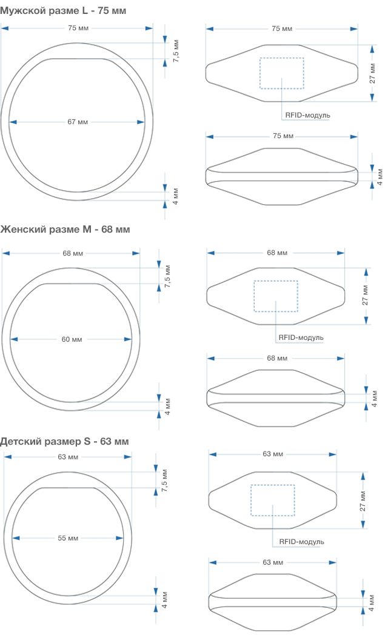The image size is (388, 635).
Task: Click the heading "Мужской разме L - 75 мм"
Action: (x=63, y=10)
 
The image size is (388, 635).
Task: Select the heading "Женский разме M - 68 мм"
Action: (x=65, y=229)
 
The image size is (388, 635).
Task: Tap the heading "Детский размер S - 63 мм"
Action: (x=64, y=442)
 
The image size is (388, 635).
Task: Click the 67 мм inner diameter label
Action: (x=78, y=122)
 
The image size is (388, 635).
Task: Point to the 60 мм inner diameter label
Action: (x=72, y=339)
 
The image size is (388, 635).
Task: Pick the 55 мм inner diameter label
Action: (x=68, y=538)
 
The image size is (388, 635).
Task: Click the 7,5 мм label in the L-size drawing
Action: (x=176, y=51)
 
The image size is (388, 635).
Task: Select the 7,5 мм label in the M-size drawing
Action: (x=168, y=276)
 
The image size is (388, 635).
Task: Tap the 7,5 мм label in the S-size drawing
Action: (x=164, y=480)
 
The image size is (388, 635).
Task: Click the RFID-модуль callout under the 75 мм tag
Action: (x=307, y=115)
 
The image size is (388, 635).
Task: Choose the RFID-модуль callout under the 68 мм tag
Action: (x=301, y=337)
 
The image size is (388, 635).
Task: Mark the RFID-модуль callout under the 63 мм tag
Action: (x=301, y=542)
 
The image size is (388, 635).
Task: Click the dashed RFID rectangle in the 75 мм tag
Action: (x=281, y=58)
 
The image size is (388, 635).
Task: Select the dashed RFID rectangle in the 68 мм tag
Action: (x=276, y=281)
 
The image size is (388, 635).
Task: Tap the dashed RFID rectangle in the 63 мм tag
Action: (x=273, y=485)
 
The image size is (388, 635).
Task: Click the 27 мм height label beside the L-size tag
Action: (x=372, y=73)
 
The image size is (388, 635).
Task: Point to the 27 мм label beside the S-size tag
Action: (x=363, y=501)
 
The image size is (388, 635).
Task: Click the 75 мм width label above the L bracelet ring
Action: (x=78, y=28)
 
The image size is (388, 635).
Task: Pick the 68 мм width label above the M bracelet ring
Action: (x=73, y=253)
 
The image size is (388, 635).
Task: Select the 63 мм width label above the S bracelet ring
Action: (x=68, y=457)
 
